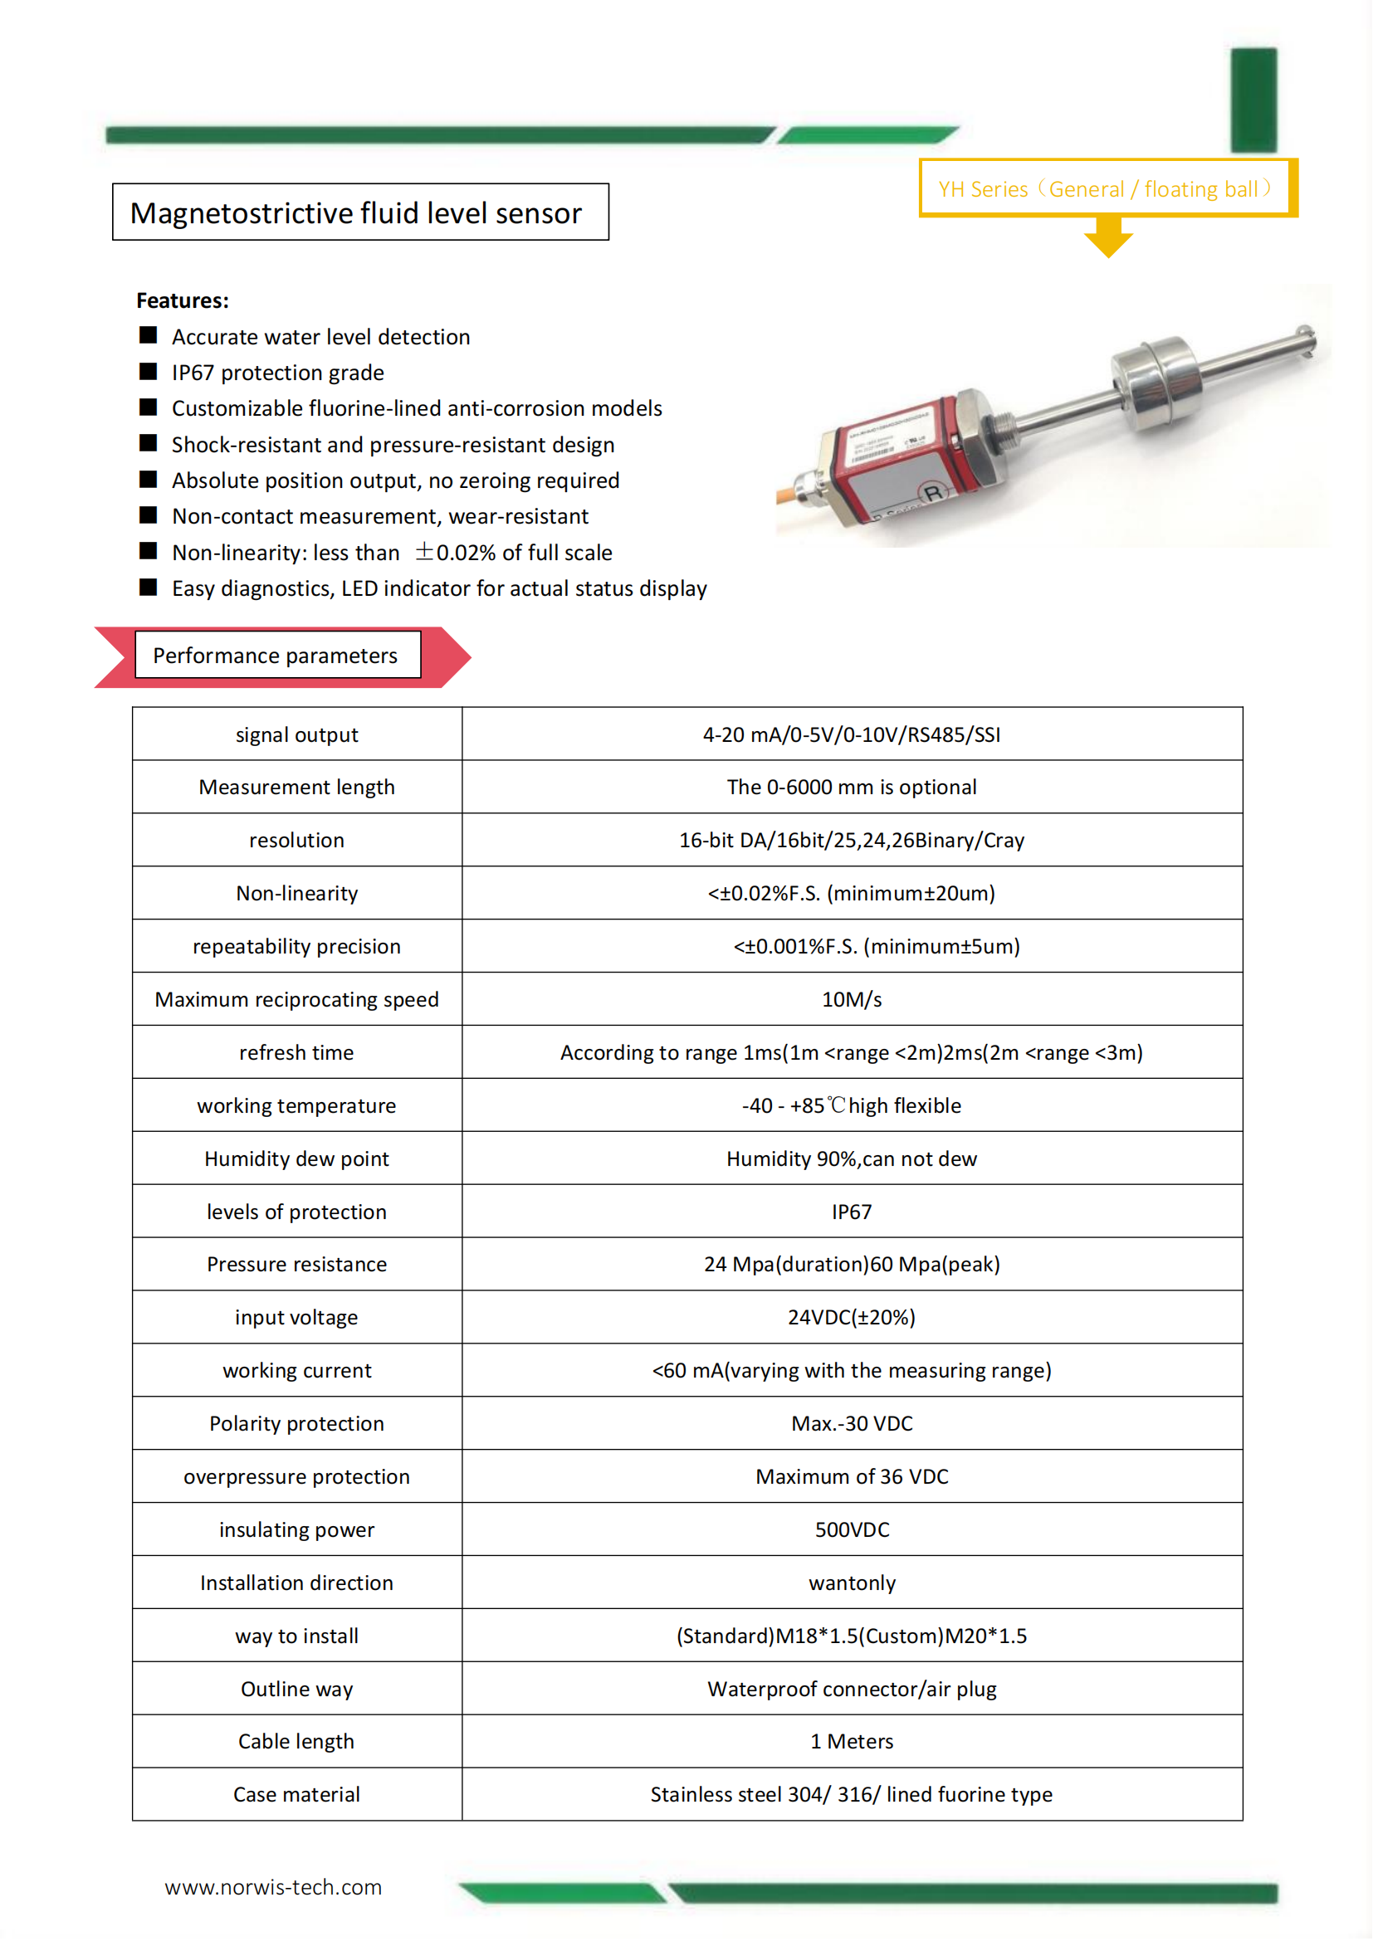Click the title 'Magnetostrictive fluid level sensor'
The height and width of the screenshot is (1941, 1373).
356,213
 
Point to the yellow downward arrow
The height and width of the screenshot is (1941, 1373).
1107,237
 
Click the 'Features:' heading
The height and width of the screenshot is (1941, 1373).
183,300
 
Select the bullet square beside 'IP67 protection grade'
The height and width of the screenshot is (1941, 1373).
148,371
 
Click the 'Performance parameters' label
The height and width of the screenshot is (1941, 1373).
276,656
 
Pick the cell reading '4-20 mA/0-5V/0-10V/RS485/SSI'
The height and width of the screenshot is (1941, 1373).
852,734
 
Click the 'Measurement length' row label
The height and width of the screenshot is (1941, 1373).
296,787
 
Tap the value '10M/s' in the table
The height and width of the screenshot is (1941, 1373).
852,999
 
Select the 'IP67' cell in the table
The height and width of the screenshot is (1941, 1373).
852,1212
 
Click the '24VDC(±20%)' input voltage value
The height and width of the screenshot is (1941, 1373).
852,1317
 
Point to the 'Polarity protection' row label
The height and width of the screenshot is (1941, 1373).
296,1424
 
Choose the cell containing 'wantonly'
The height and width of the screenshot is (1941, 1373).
852,1583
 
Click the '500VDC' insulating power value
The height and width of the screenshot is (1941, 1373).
852,1529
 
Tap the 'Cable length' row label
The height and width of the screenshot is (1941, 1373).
296,1742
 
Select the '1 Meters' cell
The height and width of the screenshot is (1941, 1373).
852,1742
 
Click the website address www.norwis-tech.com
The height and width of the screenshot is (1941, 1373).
273,1887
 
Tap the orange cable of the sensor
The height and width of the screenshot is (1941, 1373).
794,502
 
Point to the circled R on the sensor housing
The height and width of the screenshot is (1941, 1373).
933,493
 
